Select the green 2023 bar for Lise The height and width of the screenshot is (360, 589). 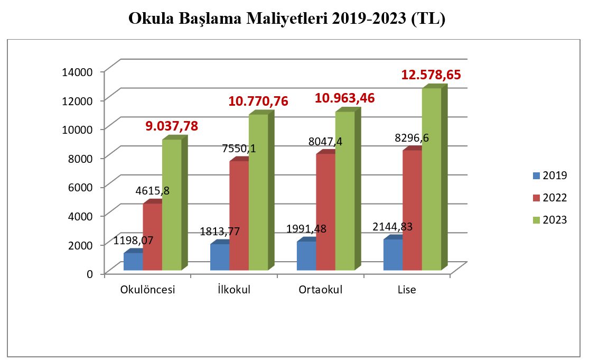[x=431, y=180]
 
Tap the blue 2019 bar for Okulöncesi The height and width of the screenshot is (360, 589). [x=133, y=262]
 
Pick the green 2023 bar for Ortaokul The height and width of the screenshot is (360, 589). [x=344, y=190]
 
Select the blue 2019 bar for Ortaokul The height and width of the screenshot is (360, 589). [x=306, y=256]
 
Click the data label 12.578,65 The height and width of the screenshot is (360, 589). [x=431, y=75]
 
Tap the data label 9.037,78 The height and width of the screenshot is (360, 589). [x=172, y=126]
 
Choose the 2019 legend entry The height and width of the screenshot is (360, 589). [x=549, y=176]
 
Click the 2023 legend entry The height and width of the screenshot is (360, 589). [x=549, y=220]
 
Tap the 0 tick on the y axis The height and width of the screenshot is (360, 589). [x=90, y=273]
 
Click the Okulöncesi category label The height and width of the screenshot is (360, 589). [x=148, y=290]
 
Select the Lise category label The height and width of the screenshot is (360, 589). [x=407, y=290]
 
